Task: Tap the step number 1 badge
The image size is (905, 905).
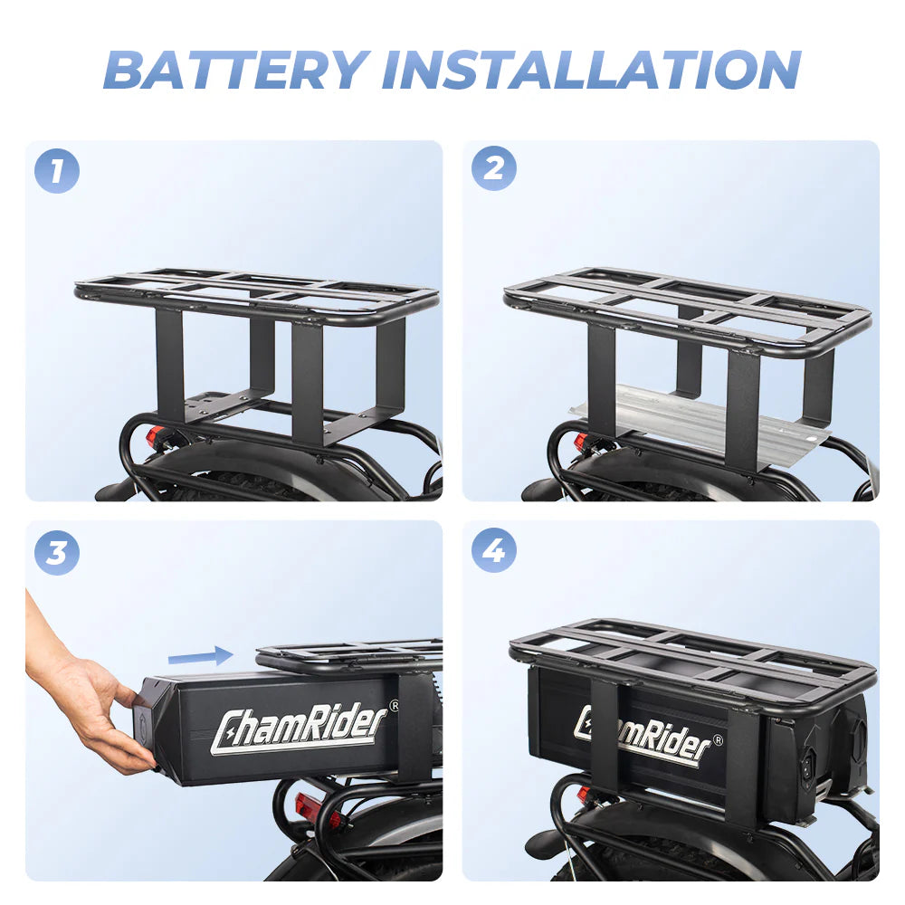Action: pyautogui.click(x=57, y=171)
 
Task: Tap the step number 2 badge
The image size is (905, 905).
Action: pyautogui.click(x=494, y=168)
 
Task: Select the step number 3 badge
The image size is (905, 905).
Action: pyautogui.click(x=57, y=551)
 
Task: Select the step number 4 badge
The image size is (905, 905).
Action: pyautogui.click(x=494, y=549)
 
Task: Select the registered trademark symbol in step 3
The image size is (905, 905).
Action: pyautogui.click(x=393, y=704)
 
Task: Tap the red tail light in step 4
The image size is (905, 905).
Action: pyautogui.click(x=583, y=794)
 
